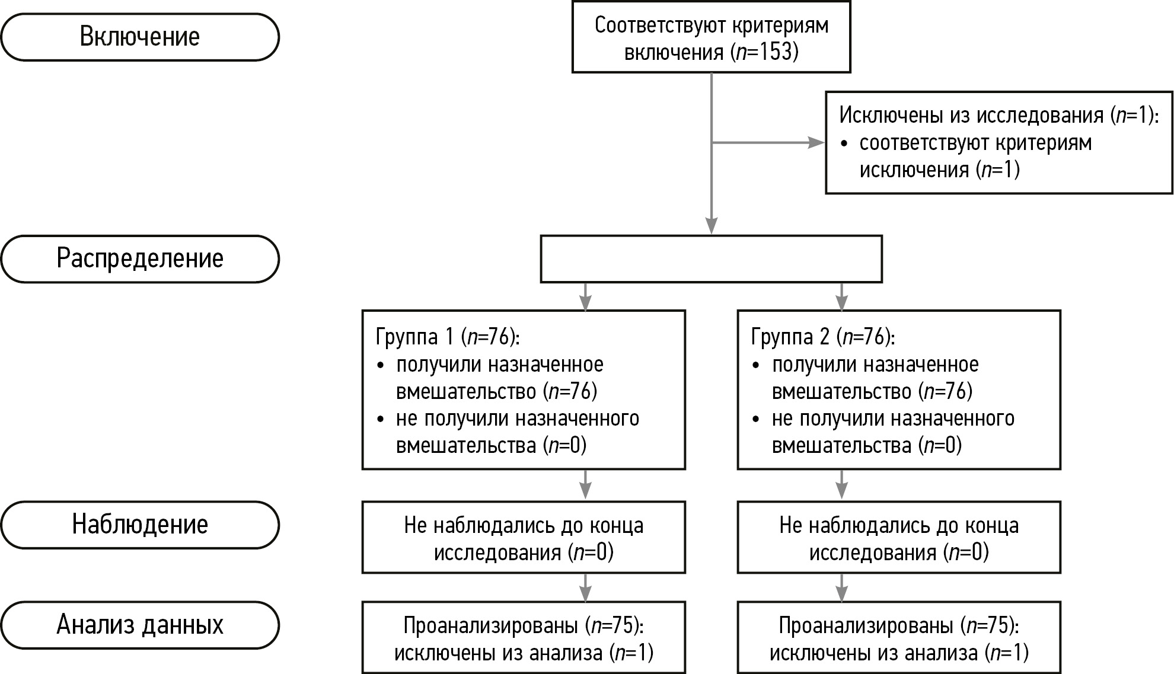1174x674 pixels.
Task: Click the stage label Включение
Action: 140,37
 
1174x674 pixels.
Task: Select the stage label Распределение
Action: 140,258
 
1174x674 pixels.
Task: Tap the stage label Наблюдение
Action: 140,525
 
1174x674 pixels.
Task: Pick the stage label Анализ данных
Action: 140,625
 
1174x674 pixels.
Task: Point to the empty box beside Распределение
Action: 711,259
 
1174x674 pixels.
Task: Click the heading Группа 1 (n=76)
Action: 448,337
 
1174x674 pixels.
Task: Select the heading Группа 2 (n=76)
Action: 823,337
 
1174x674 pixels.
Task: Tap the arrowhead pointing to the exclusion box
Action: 817,143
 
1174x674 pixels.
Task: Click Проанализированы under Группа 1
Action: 490,625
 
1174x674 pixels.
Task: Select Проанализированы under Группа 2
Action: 866,625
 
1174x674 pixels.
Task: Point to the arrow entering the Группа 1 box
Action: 585,298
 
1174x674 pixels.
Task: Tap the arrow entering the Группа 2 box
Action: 841,298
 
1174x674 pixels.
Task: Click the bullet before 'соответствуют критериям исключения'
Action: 844,144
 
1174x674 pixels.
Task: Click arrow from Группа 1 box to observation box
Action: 585,485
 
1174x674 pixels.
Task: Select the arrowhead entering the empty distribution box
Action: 711,226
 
